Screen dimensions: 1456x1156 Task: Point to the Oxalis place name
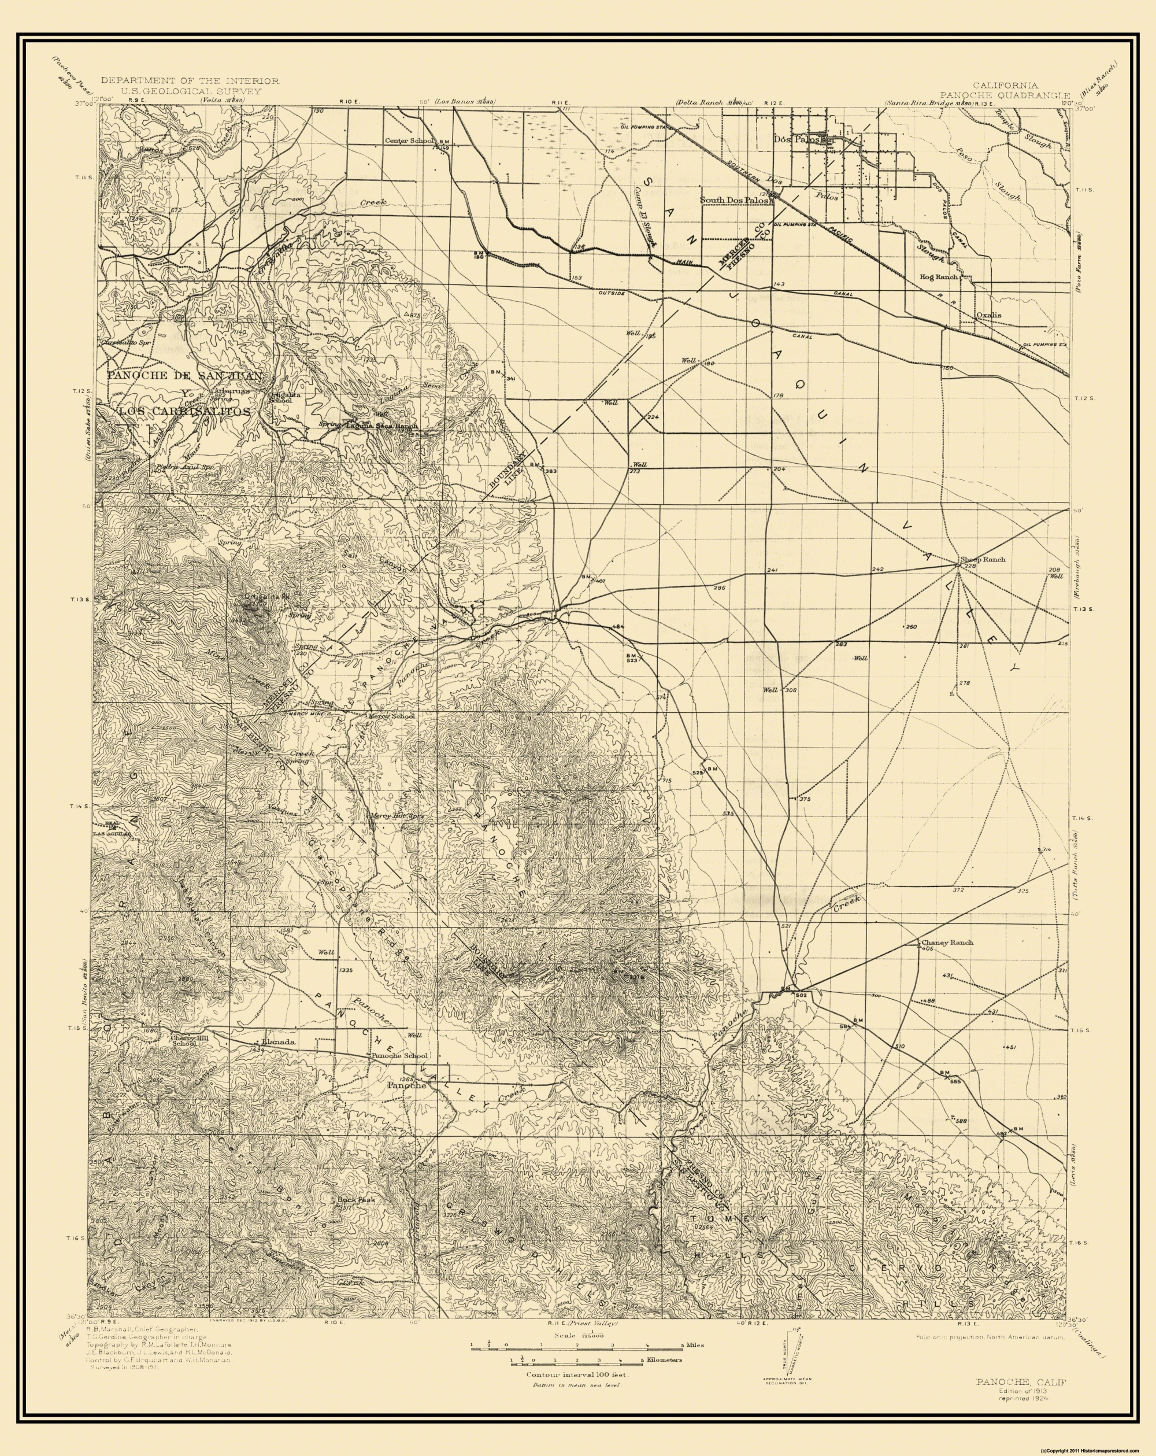point(988,315)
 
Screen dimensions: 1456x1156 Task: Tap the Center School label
point(409,141)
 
